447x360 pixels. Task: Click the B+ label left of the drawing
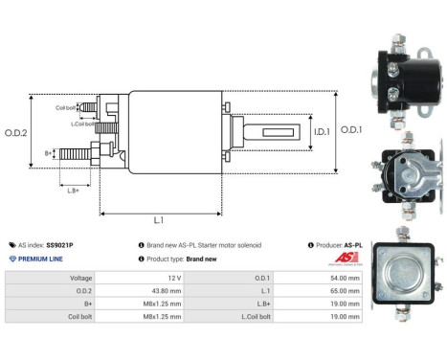click(49, 152)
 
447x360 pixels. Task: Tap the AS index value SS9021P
click(59, 245)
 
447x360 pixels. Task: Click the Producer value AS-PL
click(351, 245)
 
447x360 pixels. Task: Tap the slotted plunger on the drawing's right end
click(272, 131)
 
